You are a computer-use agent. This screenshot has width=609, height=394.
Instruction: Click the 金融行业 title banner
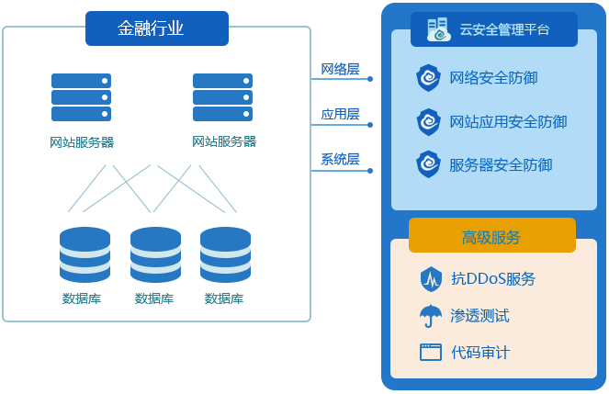tap(156, 28)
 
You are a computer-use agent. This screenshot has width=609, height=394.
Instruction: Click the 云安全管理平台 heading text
tap(504, 30)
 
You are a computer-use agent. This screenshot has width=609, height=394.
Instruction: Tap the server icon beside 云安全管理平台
tap(438, 29)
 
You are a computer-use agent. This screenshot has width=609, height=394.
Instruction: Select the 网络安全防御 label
tap(493, 77)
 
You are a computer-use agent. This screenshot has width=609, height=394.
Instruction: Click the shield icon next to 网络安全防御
tap(429, 77)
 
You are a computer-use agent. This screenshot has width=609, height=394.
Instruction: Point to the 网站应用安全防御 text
tap(508, 121)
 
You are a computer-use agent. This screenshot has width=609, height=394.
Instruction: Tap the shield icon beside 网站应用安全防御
tap(429, 121)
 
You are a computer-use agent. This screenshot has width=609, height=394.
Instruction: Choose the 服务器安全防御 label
tap(501, 165)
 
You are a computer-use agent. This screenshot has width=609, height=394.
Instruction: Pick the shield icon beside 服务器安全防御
tap(429, 165)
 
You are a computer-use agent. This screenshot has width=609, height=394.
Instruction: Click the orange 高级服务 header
tap(491, 237)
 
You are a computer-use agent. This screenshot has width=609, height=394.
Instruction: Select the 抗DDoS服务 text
tap(493, 278)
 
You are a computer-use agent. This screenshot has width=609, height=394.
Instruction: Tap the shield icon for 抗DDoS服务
tap(430, 278)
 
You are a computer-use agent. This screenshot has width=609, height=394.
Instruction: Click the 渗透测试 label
tap(479, 315)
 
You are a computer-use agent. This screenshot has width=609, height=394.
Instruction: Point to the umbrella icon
tap(430, 315)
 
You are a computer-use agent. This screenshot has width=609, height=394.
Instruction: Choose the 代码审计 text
tap(479, 352)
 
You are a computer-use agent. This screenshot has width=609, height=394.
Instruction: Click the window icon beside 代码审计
tap(430, 352)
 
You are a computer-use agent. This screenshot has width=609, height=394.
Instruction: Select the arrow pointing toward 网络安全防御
tap(344, 78)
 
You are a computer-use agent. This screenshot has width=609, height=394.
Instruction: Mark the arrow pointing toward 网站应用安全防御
tap(344, 123)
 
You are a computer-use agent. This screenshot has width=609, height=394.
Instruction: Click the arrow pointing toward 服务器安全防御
tap(344, 169)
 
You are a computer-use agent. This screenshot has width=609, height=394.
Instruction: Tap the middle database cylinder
tap(155, 255)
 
